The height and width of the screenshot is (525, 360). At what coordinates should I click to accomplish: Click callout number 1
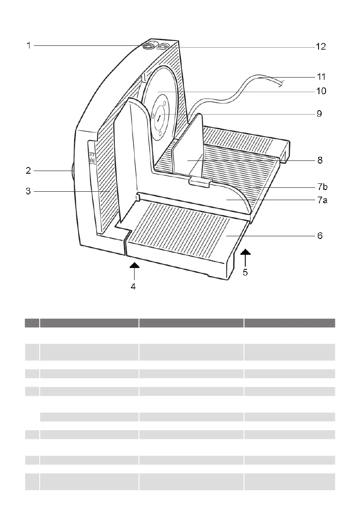pos(28,45)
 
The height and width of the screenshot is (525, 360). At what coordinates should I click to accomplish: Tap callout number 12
pos(321,47)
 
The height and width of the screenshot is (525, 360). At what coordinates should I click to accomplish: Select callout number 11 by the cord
pos(321,77)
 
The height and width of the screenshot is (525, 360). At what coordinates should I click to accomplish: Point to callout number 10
pos(321,91)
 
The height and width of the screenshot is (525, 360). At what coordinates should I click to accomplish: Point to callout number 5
pos(245,272)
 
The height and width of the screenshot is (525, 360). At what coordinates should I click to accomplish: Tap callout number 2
pos(28,170)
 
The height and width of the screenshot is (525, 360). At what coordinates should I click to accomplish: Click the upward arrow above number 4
pos(134,265)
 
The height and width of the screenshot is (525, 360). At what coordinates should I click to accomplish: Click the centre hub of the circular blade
pos(158,118)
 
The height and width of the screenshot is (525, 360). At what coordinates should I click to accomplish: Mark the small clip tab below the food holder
pos(200,182)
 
